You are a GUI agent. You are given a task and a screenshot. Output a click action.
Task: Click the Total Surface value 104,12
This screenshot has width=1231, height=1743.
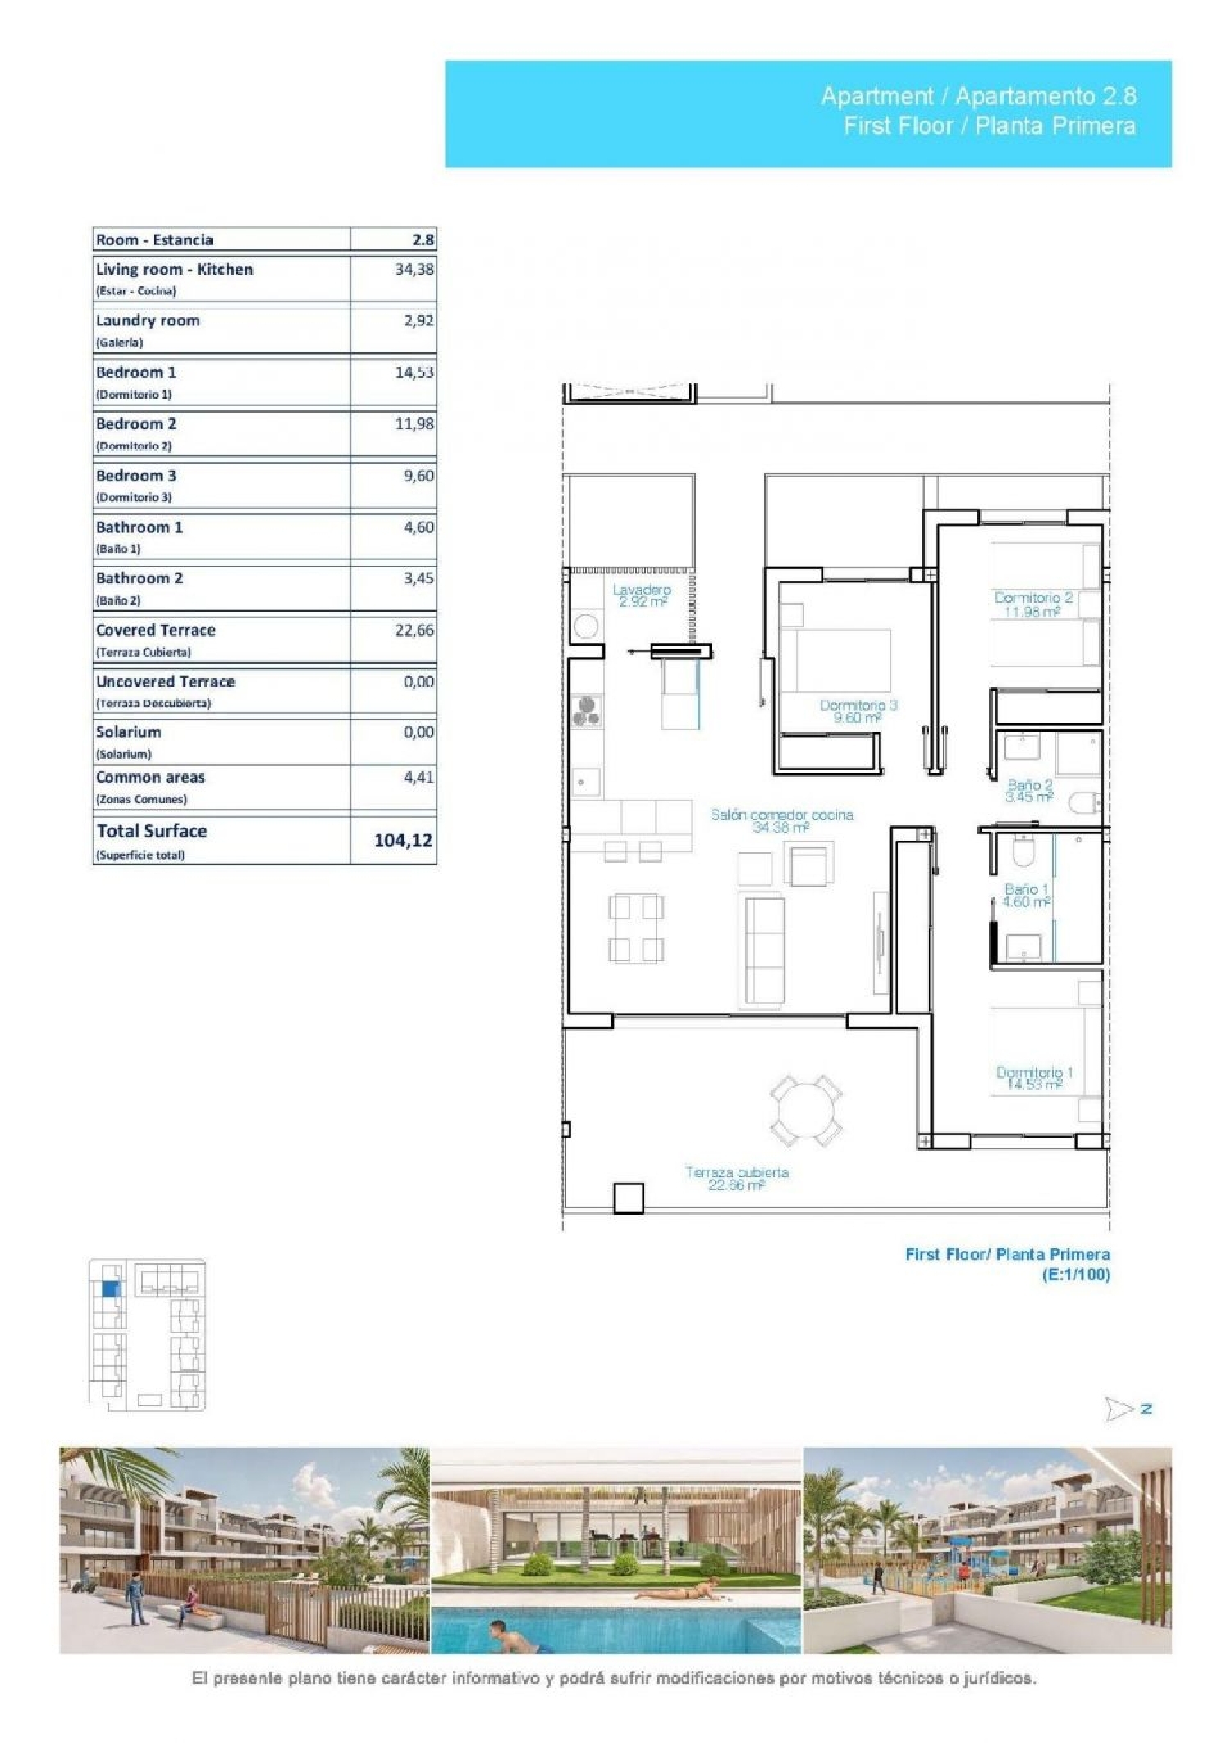(403, 840)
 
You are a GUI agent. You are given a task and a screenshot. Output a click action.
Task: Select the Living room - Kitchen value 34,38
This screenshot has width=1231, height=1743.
(414, 269)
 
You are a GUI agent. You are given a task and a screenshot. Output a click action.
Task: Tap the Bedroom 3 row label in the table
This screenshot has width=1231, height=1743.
(136, 476)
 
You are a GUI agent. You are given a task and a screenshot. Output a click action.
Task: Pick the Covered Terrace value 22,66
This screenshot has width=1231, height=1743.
(414, 630)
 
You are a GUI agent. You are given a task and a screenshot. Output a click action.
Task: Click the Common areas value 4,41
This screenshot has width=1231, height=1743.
(418, 776)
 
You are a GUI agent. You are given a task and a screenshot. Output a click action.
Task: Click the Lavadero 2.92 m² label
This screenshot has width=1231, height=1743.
(642, 595)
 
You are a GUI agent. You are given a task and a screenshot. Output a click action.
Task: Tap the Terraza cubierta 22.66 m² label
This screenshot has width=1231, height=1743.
(736, 1178)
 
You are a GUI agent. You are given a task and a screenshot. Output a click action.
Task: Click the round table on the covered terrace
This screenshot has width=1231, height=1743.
(805, 1111)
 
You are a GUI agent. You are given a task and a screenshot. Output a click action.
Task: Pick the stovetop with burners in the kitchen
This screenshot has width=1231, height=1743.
(586, 710)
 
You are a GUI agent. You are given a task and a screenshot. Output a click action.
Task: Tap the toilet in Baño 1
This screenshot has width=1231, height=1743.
(1023, 852)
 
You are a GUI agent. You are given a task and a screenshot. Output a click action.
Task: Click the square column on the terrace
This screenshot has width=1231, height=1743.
(629, 1198)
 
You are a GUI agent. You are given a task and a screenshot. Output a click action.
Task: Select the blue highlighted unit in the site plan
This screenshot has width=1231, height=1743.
(110, 1289)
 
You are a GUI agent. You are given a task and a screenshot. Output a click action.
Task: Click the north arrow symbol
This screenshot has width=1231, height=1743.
(1119, 1409)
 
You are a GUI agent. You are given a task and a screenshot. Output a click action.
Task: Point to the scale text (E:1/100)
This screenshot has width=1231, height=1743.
(1075, 1275)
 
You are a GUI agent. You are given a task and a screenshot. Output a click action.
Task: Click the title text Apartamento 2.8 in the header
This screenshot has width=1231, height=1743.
(1046, 96)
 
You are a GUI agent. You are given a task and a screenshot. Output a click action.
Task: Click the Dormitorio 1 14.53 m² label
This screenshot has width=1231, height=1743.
(1034, 1078)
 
